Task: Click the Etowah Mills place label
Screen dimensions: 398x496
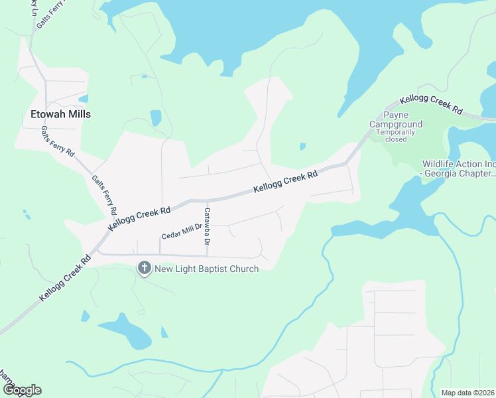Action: click(x=60, y=114)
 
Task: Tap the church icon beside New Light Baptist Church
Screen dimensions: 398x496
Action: click(x=144, y=268)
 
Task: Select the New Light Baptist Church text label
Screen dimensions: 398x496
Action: click(x=206, y=268)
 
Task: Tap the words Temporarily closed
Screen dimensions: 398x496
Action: click(x=396, y=135)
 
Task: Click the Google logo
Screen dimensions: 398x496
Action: click(x=21, y=390)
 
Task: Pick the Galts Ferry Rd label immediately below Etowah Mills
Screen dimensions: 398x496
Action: click(x=58, y=141)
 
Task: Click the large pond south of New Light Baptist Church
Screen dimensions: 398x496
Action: click(x=126, y=330)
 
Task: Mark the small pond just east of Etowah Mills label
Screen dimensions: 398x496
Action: click(x=155, y=118)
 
